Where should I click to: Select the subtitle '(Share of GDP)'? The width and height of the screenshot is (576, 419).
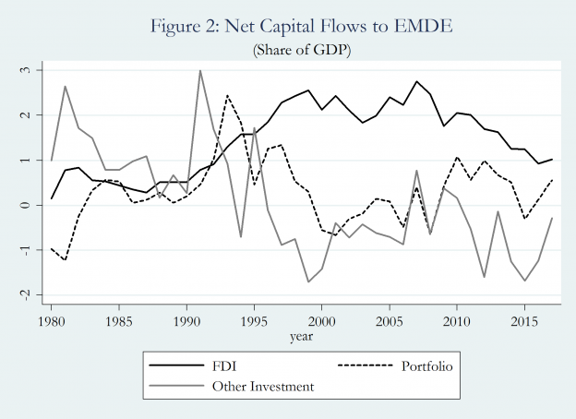coord(288,50)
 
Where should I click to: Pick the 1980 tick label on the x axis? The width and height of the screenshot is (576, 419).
coord(51,321)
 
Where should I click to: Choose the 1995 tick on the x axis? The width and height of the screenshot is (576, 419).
coord(254,321)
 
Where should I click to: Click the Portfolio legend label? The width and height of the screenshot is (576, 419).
coord(430,366)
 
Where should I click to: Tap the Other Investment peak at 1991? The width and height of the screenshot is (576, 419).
coord(200,70)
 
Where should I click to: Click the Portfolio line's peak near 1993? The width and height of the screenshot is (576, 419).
coord(227,95)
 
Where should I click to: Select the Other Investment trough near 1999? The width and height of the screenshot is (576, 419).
coord(308,281)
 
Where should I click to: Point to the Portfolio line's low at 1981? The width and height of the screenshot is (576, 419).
coord(65,259)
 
